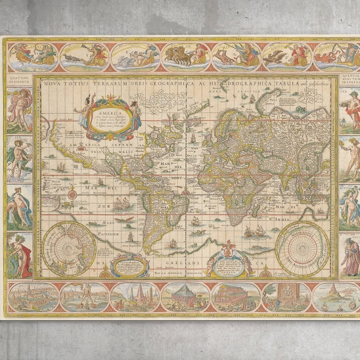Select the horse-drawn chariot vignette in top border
point(183,56)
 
